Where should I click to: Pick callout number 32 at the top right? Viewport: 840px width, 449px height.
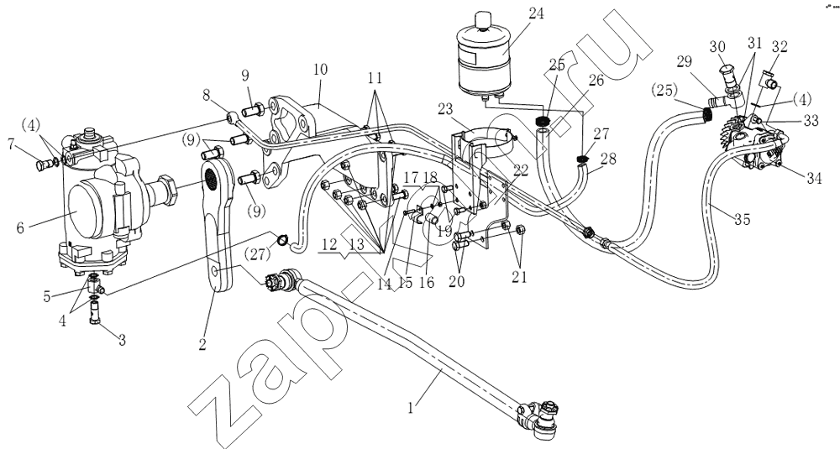tap(779, 48)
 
